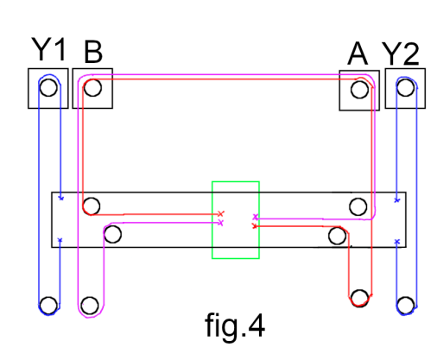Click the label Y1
pyautogui.click(x=49, y=49)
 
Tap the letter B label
pyautogui.click(x=93, y=52)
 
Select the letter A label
pyautogui.click(x=358, y=54)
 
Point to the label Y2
pyautogui.click(x=401, y=54)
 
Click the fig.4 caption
pyautogui.click(x=235, y=325)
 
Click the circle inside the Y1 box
pyautogui.click(x=48, y=87)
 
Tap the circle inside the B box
pyautogui.click(x=92, y=87)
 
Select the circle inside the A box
pyautogui.click(x=359, y=90)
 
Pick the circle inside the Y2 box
pyautogui.click(x=405, y=87)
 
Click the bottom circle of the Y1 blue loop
pyautogui.click(x=48, y=306)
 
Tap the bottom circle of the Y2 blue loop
pyautogui.click(x=405, y=306)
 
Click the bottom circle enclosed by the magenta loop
pyautogui.click(x=90, y=306)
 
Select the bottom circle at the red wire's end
pyautogui.click(x=359, y=299)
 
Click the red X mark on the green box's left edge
pyautogui.click(x=221, y=214)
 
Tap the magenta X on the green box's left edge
pyautogui.click(x=221, y=223)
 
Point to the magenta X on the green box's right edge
pyautogui.click(x=256, y=217)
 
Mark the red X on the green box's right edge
pyautogui.click(x=254, y=226)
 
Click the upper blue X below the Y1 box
pyautogui.click(x=61, y=198)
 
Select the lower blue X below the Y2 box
pyautogui.click(x=397, y=242)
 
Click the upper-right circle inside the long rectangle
pyautogui.click(x=358, y=206)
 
